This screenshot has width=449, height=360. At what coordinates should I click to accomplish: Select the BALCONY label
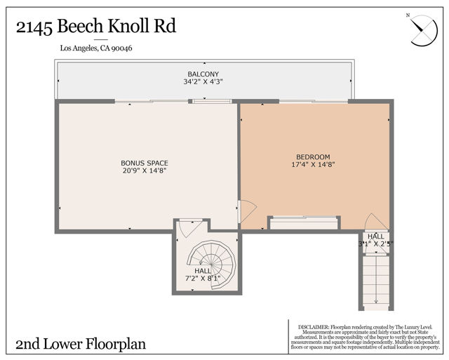(x=203, y=74)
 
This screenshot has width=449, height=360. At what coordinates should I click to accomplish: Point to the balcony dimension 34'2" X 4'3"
(x=203, y=82)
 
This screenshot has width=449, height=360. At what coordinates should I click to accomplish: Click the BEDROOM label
(x=313, y=157)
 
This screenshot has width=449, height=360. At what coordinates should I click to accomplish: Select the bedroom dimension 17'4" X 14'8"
(x=313, y=165)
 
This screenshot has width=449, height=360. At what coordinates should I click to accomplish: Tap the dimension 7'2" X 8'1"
(x=203, y=278)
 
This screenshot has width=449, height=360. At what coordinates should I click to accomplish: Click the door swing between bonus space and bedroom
(x=246, y=211)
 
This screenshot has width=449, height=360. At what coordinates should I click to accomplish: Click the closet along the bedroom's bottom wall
(x=303, y=222)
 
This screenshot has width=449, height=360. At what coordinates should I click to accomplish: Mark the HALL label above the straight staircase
(x=376, y=237)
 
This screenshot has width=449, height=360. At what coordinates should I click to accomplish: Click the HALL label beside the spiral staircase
(x=203, y=271)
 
